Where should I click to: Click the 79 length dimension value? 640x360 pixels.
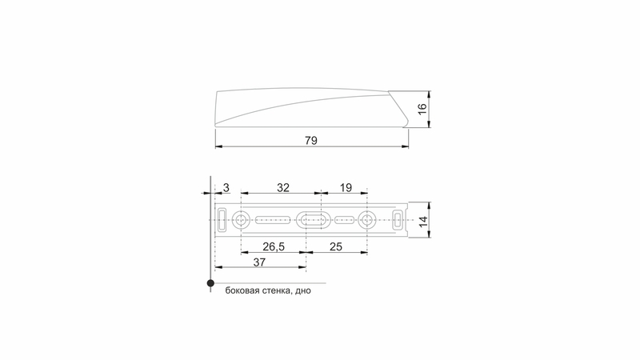click(x=311, y=141)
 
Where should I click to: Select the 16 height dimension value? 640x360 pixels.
click(x=422, y=109)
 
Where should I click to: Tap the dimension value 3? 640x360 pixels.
click(x=226, y=188)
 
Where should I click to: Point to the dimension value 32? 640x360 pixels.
click(x=283, y=188)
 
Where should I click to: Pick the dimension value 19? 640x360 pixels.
click(x=346, y=188)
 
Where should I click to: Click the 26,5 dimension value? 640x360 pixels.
click(x=274, y=246)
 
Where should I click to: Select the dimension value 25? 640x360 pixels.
click(x=335, y=246)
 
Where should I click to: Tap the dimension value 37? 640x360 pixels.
click(x=259, y=262)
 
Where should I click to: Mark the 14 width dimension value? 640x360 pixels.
click(x=423, y=222)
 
